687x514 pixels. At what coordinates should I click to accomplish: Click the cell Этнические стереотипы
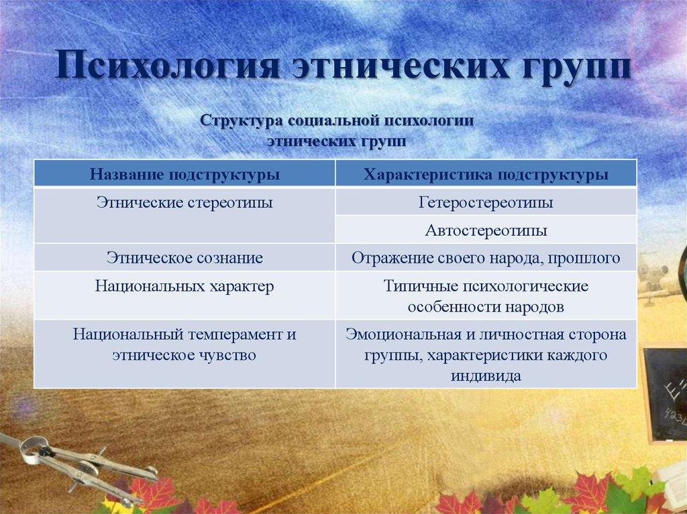184,202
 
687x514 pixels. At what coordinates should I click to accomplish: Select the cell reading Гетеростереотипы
486,202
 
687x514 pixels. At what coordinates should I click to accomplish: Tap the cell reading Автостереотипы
486,231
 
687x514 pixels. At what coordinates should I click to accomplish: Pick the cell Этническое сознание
184,257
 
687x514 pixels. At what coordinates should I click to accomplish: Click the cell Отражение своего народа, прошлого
486,257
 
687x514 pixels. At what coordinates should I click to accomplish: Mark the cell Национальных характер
184,286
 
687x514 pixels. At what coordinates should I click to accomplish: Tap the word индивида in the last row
486,376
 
